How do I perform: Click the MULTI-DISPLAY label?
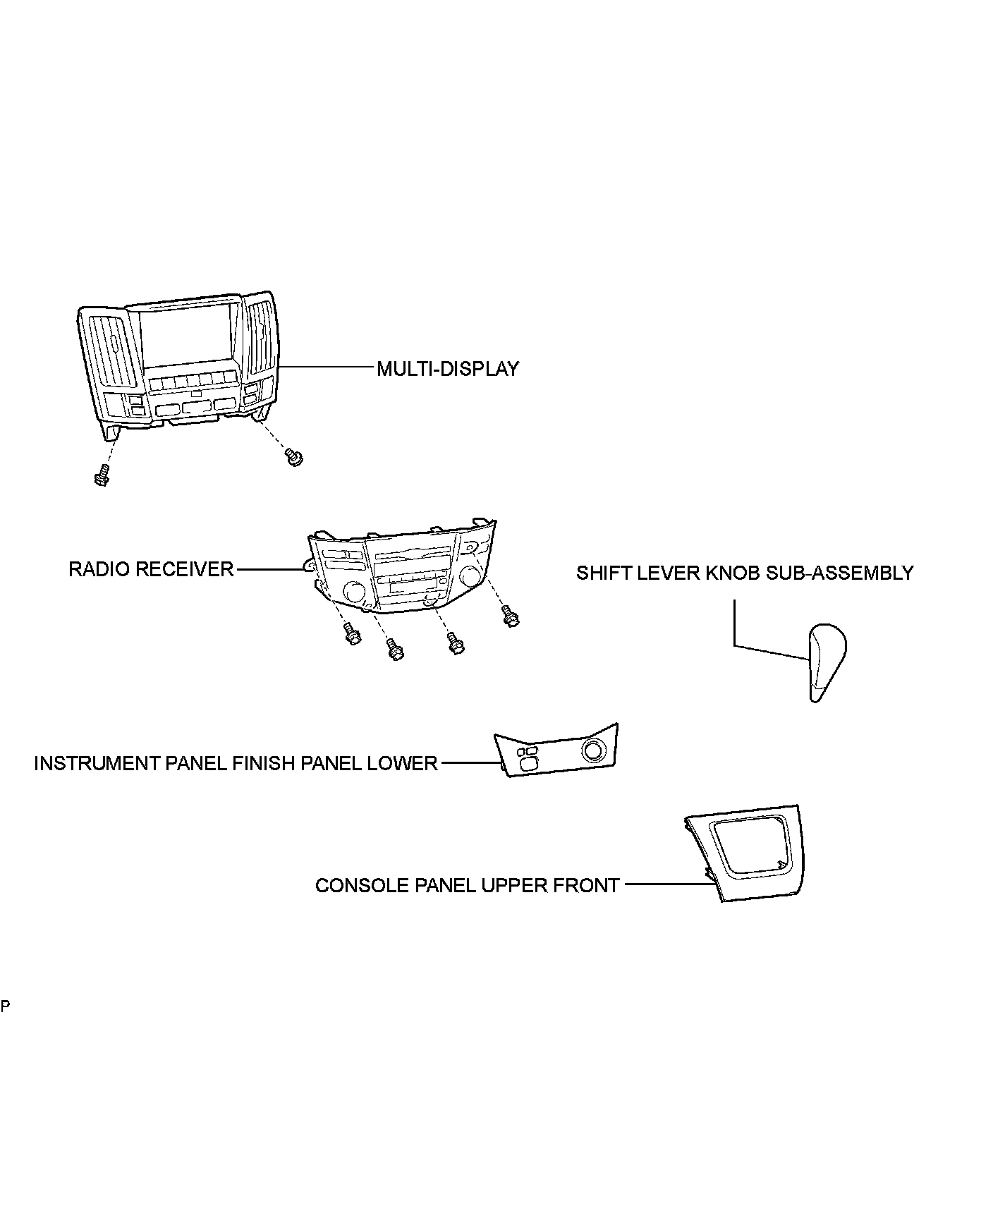point(448,369)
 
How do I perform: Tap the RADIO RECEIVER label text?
point(151,569)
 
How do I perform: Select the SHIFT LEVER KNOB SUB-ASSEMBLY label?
point(745,573)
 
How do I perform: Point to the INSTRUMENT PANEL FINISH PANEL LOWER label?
point(236,763)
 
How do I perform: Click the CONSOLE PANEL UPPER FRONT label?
point(468,885)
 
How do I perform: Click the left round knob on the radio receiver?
point(353,591)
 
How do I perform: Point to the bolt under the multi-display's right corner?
point(293,456)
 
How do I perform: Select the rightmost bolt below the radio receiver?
point(510,616)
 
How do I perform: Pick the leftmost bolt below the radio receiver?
point(351,633)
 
